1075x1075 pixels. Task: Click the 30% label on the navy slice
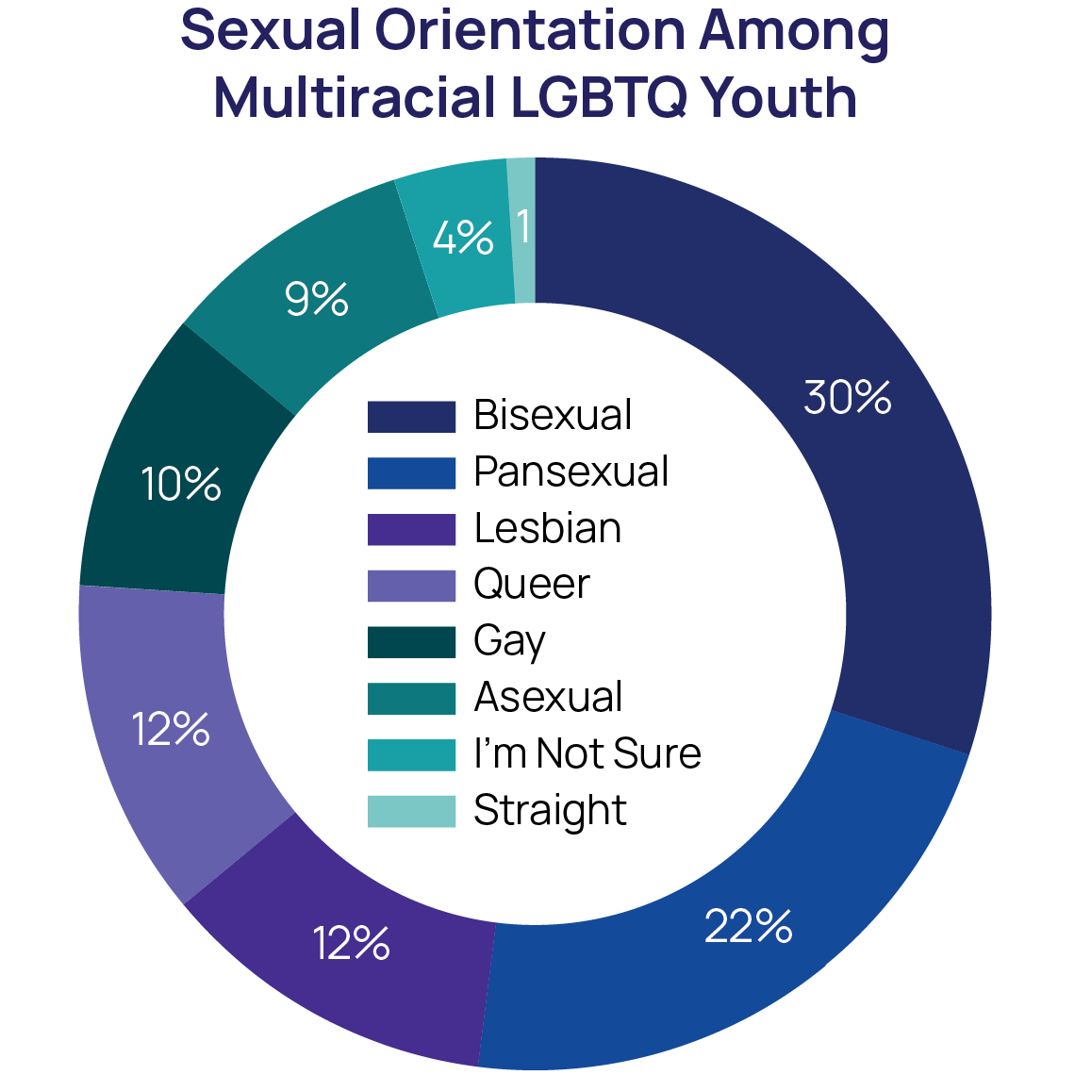pos(847,398)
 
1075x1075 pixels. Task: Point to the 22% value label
pos(748,927)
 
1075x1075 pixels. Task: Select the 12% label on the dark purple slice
pos(352,943)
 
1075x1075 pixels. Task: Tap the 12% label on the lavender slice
pos(171,730)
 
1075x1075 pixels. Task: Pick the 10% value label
pos(181,484)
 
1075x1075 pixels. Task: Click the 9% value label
pos(317,300)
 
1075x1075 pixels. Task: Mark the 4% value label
pos(462,239)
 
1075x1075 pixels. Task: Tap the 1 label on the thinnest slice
pos(522,227)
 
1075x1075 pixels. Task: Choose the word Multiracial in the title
pos(344,98)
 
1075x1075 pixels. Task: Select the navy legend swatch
pos(412,417)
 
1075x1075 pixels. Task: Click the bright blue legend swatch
pos(412,473)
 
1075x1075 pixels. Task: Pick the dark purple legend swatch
pos(412,530)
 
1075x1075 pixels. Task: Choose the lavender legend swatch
pos(412,586)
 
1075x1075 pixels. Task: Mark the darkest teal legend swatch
pos(412,642)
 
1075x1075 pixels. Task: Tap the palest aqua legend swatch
pos(412,811)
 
